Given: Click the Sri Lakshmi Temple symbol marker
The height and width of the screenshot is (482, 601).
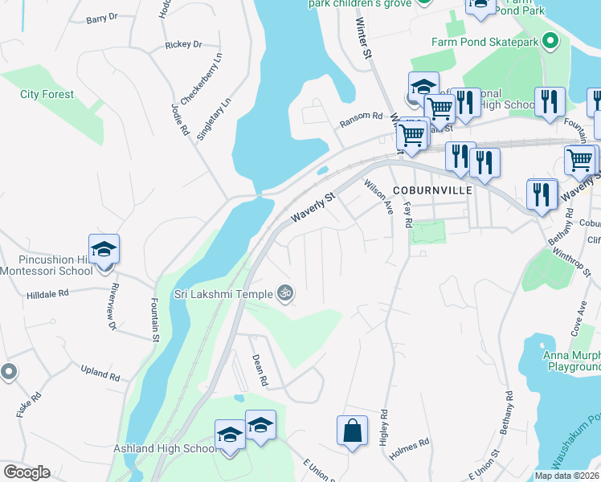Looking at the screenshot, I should click(283, 293).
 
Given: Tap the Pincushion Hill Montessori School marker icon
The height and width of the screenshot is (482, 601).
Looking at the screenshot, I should click(104, 251).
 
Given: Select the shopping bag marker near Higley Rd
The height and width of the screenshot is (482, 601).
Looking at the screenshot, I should click(352, 431).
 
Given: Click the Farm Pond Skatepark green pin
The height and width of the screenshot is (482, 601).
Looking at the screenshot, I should click(550, 39).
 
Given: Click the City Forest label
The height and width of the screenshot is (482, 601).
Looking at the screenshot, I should click(47, 94).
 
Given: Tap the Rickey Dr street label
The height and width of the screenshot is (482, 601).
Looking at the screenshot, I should click(183, 45).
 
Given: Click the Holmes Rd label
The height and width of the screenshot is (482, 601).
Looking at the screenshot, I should click(410, 443).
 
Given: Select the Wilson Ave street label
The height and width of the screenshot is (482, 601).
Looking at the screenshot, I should click(378, 197).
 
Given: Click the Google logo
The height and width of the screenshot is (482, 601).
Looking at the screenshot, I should click(27, 472).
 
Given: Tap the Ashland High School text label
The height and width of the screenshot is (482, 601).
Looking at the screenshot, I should click(164, 448).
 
